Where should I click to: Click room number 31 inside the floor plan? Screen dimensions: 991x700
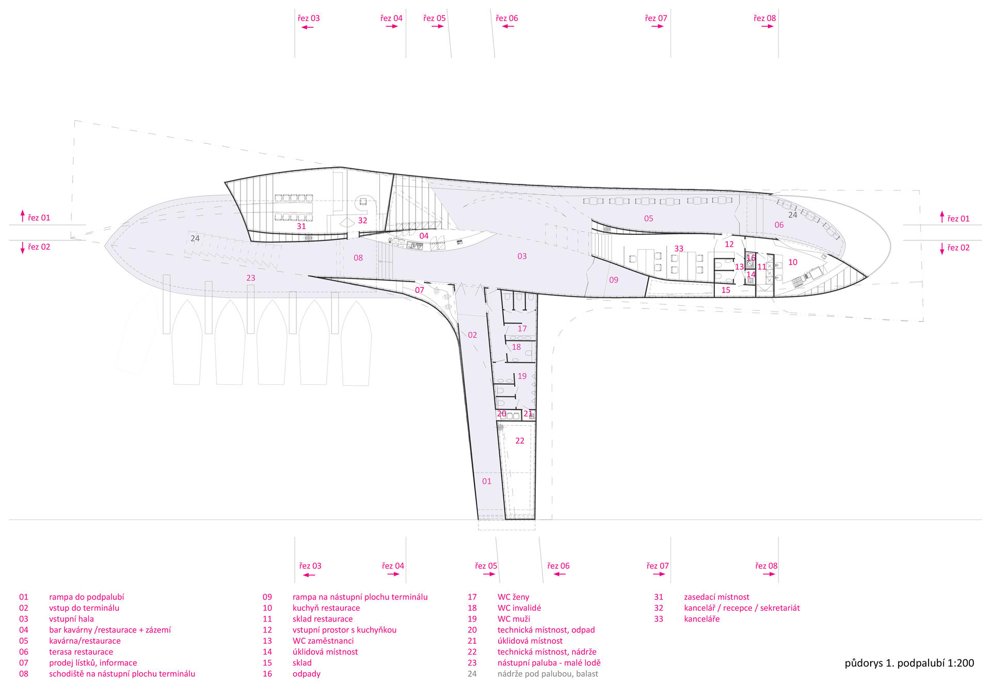(x=301, y=226)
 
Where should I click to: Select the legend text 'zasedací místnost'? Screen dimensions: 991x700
(x=716, y=597)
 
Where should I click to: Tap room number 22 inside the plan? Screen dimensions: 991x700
(x=520, y=441)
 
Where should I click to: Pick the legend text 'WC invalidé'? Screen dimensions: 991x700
(x=519, y=608)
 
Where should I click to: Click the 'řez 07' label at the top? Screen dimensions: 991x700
(x=656, y=18)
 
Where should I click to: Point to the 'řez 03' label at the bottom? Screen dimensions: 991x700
(x=310, y=566)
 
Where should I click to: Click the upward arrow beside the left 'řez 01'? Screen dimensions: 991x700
(x=23, y=216)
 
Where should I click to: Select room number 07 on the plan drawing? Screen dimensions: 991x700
(x=420, y=290)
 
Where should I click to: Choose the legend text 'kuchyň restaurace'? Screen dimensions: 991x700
(x=326, y=608)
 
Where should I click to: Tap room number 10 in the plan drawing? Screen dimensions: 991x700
(x=793, y=262)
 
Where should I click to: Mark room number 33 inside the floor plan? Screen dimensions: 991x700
(x=679, y=249)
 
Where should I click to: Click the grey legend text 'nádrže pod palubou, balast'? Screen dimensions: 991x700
(x=548, y=674)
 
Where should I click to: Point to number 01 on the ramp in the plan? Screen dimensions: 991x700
(x=487, y=481)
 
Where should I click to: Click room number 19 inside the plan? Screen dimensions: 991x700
(x=522, y=376)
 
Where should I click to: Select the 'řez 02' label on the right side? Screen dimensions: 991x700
(x=958, y=248)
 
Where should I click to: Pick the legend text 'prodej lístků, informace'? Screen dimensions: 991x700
(x=93, y=663)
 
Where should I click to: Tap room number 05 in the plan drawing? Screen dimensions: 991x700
(x=649, y=219)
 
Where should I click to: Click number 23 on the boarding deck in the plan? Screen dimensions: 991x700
(x=251, y=278)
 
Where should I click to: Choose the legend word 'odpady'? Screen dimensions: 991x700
(x=307, y=674)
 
